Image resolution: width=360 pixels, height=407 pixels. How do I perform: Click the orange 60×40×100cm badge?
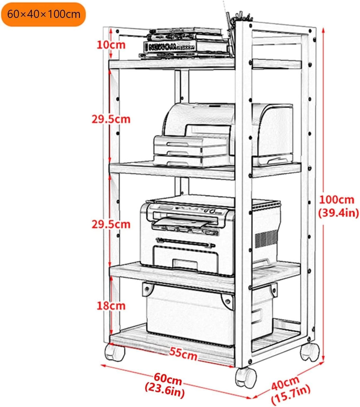43,14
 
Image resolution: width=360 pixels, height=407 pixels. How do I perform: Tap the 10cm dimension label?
111,45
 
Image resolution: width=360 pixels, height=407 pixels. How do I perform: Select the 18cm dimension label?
111,306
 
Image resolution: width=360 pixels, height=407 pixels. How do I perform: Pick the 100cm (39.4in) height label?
338,206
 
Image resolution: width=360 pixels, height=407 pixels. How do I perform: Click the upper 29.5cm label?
111,119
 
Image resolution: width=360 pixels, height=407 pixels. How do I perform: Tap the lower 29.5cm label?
111,224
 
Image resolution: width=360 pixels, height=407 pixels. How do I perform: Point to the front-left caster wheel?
115,352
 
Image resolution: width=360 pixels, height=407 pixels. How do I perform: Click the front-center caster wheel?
246,377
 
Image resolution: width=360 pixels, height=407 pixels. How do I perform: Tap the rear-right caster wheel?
310,352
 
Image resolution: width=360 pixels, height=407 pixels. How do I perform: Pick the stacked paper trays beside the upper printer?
190,151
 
